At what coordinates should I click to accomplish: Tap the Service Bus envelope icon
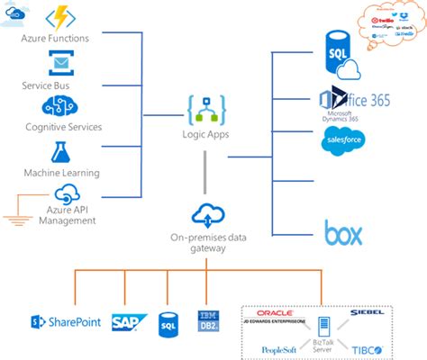61,63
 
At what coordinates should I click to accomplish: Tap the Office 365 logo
352,100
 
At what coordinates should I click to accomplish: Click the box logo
343,235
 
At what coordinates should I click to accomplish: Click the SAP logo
125,320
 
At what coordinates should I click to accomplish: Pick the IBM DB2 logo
205,320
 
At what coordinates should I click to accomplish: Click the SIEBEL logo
368,312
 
